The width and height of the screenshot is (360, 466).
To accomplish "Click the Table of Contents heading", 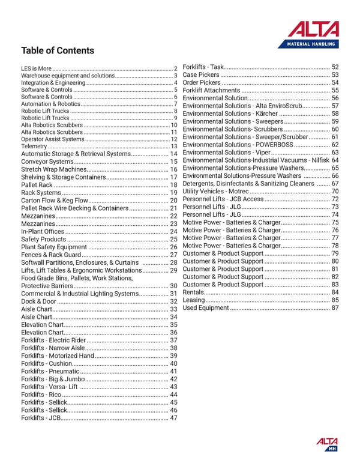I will pyautogui.click(x=58, y=50).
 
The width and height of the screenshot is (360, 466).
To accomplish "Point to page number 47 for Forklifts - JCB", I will pyautogui.click(x=174, y=418).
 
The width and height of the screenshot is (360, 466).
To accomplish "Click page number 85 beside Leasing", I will pyautogui.click(x=335, y=300).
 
